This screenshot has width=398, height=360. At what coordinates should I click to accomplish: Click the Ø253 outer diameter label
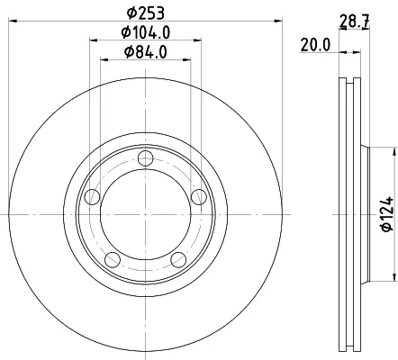[146, 13]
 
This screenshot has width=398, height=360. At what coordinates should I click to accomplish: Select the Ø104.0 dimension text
[146, 32]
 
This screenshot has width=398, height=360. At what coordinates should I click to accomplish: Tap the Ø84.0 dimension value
[146, 52]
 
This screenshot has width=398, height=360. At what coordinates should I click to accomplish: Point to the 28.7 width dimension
[354, 21]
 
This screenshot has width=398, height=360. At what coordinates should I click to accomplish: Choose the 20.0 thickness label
[315, 45]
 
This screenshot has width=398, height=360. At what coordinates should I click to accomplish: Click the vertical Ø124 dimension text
[387, 214]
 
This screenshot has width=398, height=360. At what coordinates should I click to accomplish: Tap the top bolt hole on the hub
[146, 158]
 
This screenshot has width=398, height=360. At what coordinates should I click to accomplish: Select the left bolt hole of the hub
[92, 197]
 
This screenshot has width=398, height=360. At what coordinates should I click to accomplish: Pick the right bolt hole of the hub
[199, 197]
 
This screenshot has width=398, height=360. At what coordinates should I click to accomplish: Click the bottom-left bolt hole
[113, 260]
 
